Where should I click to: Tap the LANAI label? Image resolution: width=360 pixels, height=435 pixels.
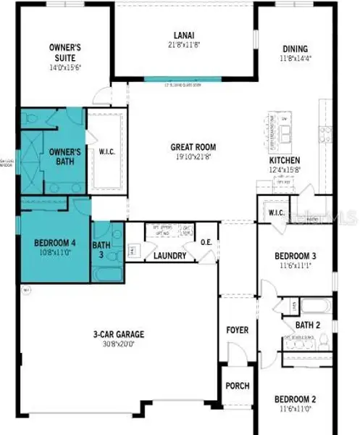tap(183, 35)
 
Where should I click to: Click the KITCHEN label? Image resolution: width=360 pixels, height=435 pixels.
tap(285, 161)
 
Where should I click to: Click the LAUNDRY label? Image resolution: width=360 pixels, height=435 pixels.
tap(170, 256)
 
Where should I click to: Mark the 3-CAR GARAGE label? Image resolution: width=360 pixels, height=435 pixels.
tap(118, 335)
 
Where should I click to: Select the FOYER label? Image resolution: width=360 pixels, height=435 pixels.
tap(237, 331)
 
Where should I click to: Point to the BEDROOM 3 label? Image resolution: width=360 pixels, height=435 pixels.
tap(297, 256)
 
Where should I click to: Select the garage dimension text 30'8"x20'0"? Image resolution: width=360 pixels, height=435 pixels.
tap(118, 345)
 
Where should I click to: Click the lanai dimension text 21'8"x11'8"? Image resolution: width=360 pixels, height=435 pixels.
tap(183, 45)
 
